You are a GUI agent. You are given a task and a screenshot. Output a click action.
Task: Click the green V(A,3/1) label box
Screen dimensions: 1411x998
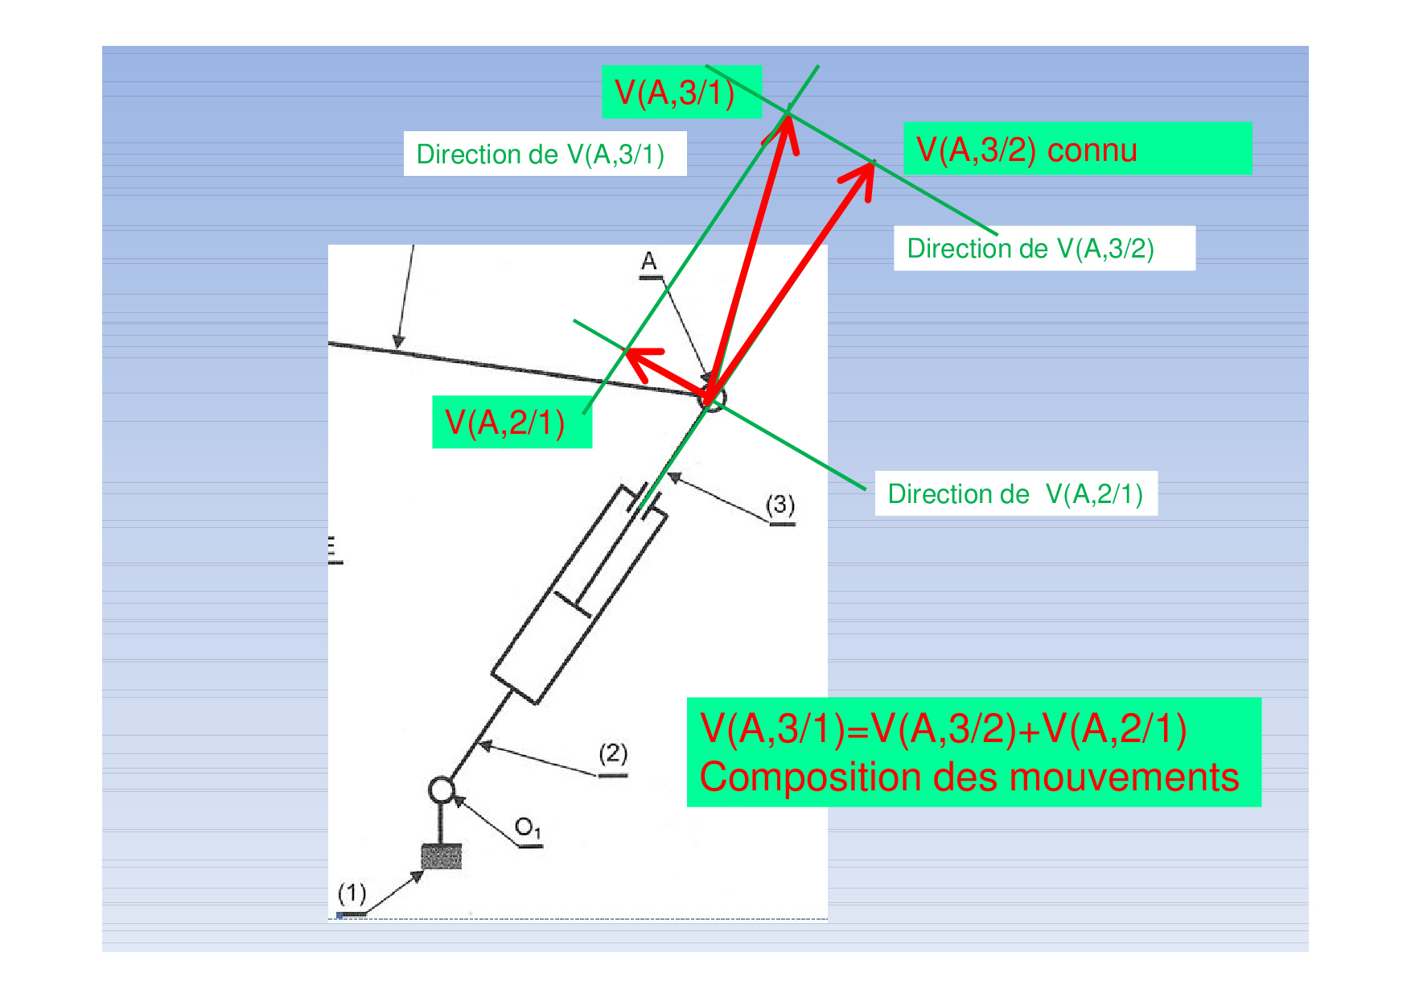pyautogui.click(x=681, y=92)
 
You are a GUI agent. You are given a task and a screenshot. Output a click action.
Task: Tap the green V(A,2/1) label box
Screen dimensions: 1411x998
pyautogui.click(x=512, y=422)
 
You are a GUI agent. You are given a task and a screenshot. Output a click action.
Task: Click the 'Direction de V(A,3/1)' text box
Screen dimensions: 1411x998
pyautogui.click(x=545, y=154)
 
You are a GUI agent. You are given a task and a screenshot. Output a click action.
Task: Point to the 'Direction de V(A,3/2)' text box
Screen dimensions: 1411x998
pyautogui.click(x=1044, y=248)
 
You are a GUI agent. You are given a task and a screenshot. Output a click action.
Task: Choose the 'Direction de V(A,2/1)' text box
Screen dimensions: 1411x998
pyautogui.click(x=1016, y=493)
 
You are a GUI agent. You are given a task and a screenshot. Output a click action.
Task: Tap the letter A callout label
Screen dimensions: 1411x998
pyautogui.click(x=649, y=262)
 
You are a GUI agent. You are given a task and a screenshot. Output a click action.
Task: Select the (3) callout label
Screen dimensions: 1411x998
pyautogui.click(x=780, y=505)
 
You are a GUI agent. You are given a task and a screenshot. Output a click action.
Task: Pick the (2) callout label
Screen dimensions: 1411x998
pyautogui.click(x=613, y=754)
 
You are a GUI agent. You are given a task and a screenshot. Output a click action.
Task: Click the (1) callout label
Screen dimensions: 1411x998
pyautogui.click(x=352, y=893)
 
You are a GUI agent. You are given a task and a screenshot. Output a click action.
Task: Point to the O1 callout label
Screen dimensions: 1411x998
pyautogui.click(x=529, y=828)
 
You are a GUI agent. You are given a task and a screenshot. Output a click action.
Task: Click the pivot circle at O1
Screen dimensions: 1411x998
pyautogui.click(x=442, y=790)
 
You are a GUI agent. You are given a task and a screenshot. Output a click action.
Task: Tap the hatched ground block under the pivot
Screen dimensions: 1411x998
pyautogui.click(x=442, y=856)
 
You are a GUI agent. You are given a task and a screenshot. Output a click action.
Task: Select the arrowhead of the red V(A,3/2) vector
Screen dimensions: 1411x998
pyautogui.click(x=873, y=163)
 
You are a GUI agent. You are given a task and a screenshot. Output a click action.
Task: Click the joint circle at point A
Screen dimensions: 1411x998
pyautogui.click(x=711, y=397)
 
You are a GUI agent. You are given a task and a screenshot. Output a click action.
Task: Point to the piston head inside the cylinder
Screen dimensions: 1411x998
pyautogui.click(x=572, y=604)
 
